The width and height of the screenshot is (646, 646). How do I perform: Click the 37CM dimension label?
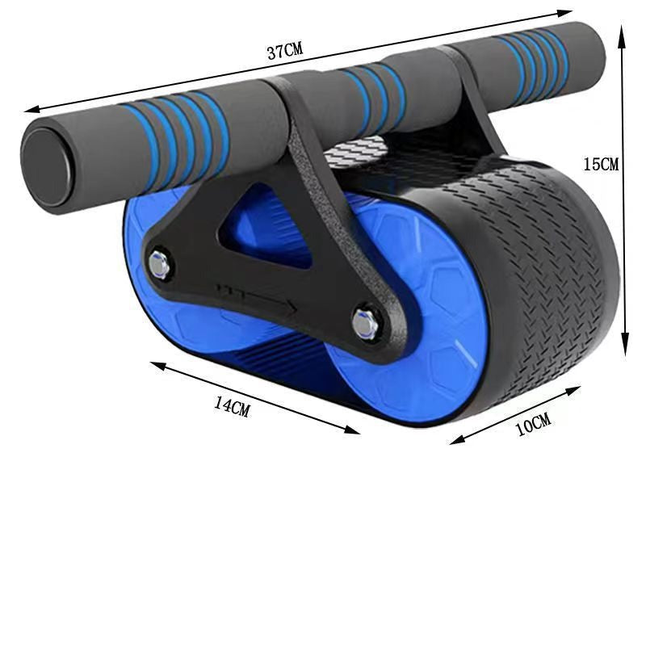[284, 51]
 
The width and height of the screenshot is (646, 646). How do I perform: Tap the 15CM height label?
[601, 163]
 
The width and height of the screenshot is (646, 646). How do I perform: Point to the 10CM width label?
[533, 424]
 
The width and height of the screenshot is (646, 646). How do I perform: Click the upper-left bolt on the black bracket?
[159, 264]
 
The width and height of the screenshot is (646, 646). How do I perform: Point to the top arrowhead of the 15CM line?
[623, 28]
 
